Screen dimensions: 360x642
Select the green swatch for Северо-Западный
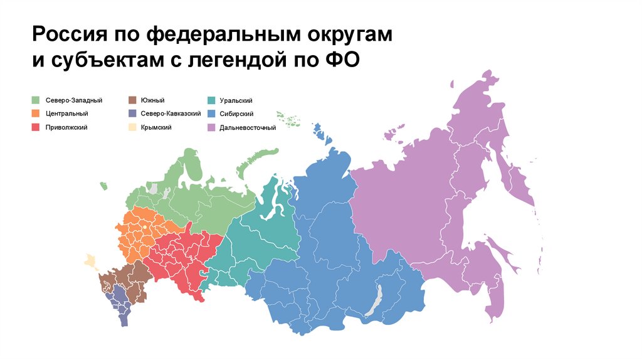click(x=36, y=100)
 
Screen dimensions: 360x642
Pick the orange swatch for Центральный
click(x=36, y=114)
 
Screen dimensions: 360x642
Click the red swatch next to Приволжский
click(x=36, y=128)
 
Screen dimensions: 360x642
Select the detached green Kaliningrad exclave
click(x=103, y=184)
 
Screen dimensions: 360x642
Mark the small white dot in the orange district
click(x=144, y=226)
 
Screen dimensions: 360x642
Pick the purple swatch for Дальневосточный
click(x=212, y=128)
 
